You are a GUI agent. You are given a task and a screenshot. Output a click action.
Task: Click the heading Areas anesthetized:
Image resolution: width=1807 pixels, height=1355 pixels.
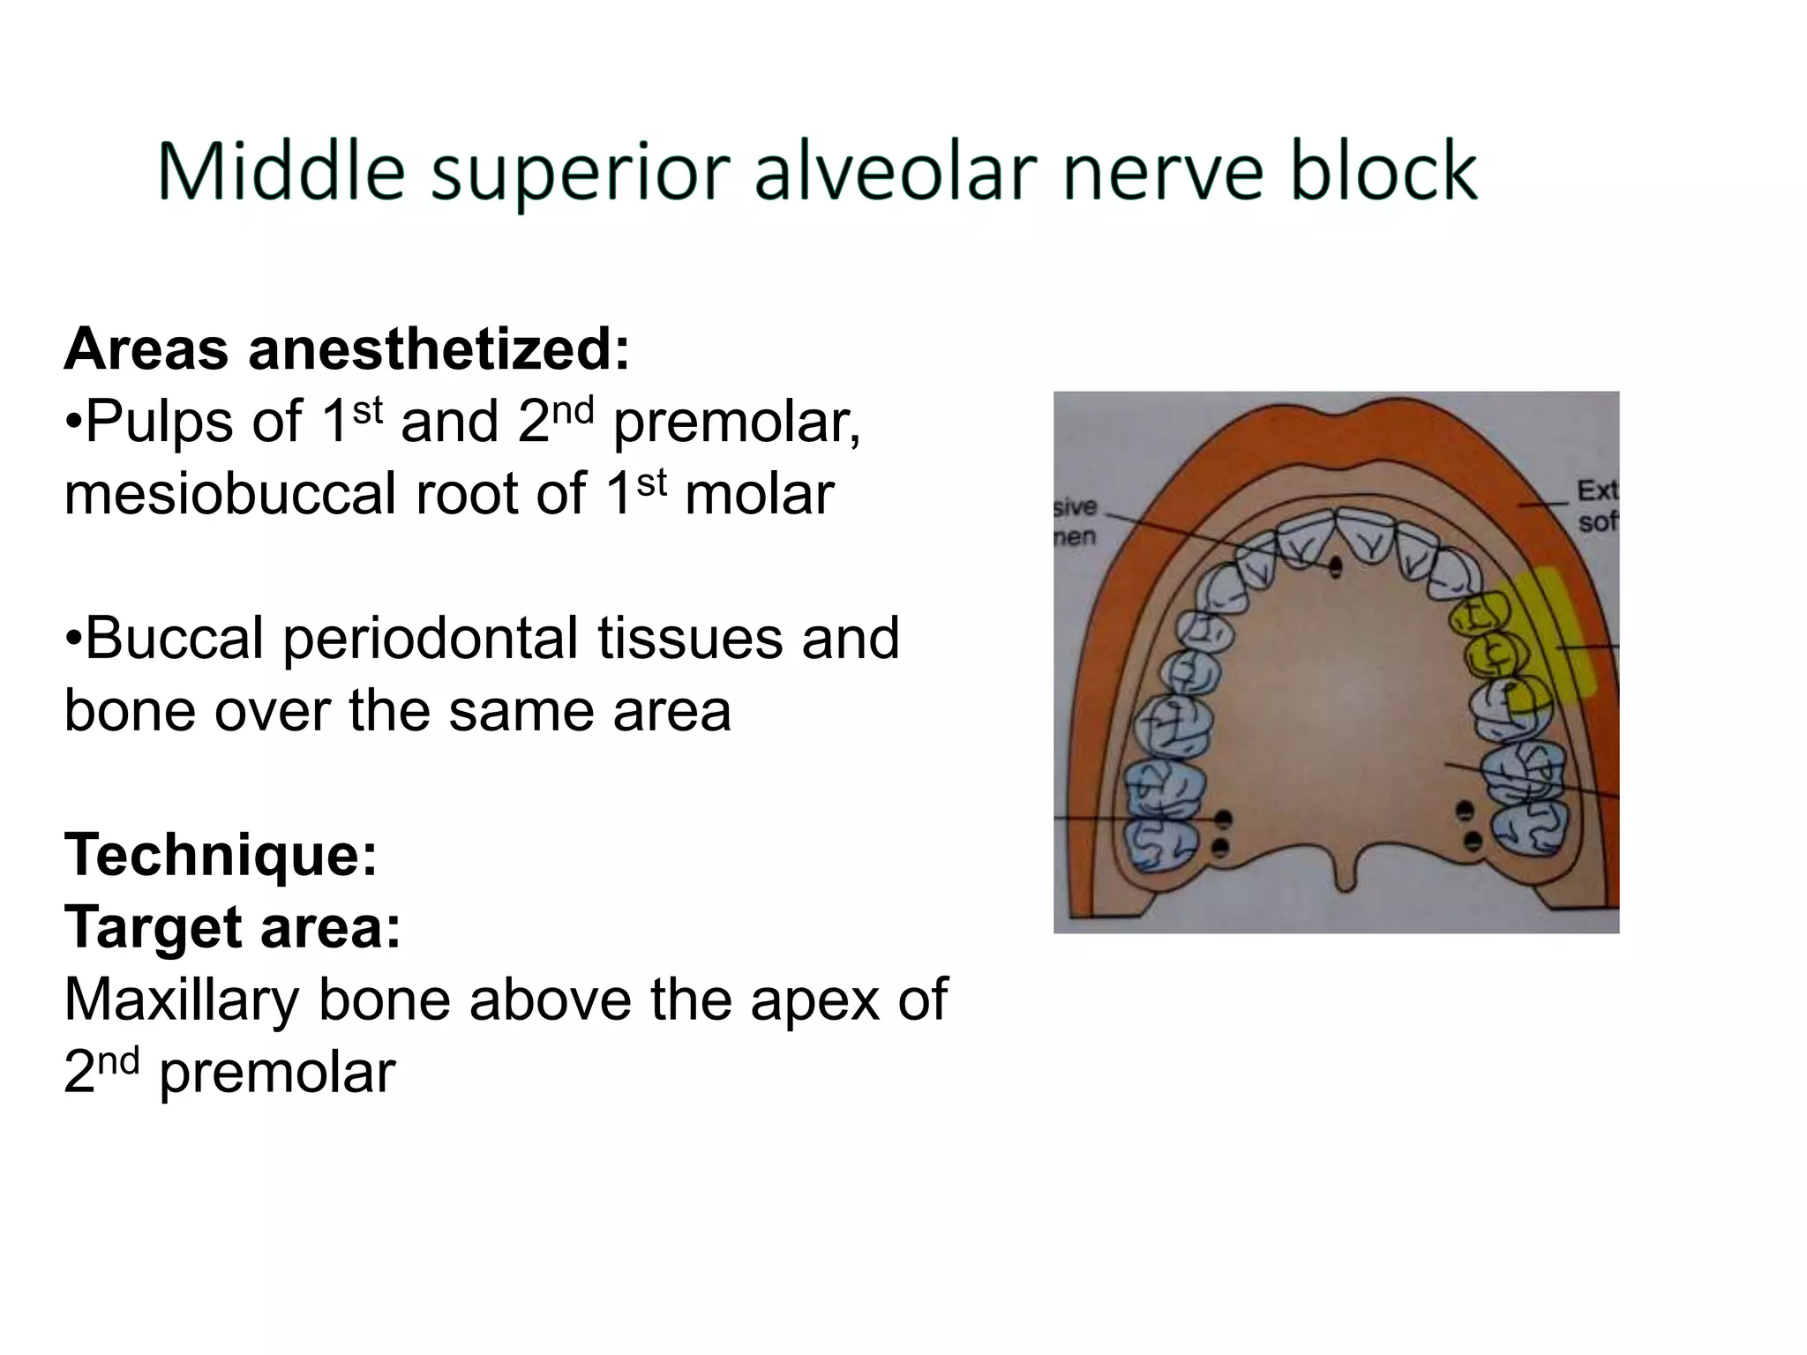[347, 349]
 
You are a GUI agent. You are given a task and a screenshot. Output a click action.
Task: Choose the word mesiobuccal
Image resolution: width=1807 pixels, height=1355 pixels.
[230, 494]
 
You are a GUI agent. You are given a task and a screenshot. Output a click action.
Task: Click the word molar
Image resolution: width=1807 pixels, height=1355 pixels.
[759, 494]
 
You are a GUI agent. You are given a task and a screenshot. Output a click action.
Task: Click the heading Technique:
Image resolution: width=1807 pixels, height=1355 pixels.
[221, 855]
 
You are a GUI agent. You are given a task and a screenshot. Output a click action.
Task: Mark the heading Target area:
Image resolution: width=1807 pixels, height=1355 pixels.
[232, 928]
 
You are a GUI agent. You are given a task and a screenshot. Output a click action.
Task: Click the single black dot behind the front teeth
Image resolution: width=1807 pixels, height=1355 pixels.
[1335, 566]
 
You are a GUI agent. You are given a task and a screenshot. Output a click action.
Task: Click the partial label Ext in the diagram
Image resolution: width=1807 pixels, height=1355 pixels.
[1597, 490]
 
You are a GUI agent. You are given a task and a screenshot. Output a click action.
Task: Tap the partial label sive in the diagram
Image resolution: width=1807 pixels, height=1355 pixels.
[1074, 507]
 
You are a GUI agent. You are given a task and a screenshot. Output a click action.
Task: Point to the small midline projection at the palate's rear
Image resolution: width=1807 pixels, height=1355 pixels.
[1344, 877]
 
